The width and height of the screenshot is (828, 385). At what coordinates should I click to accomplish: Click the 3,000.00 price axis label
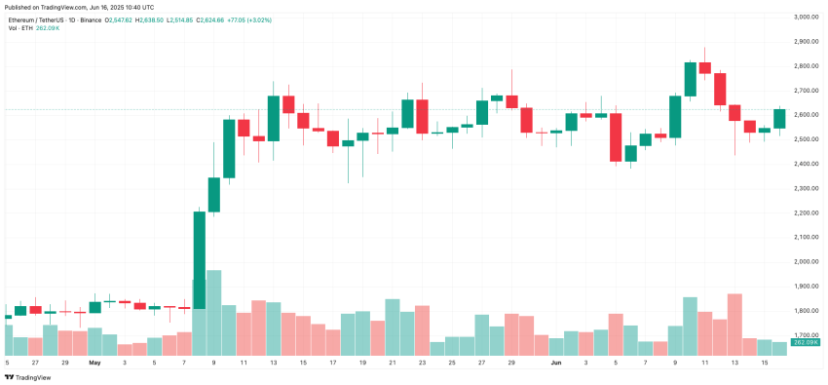[805, 17]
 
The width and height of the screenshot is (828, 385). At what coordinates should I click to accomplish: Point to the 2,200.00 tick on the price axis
[805, 212]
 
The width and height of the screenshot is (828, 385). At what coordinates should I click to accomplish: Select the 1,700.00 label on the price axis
[805, 335]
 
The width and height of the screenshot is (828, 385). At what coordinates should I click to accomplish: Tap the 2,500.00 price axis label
[805, 139]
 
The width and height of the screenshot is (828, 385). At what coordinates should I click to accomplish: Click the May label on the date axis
[94, 362]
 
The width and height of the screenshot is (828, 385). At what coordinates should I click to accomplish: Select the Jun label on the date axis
[557, 362]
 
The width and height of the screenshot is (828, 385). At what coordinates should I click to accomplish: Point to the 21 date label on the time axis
[393, 362]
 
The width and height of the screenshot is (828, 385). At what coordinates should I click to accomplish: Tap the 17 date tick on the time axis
[333, 362]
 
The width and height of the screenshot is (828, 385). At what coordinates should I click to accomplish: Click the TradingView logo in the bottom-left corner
[28, 377]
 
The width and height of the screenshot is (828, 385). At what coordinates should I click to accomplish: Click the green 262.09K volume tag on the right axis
[805, 342]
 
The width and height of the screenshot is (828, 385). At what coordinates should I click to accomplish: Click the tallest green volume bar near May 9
[213, 313]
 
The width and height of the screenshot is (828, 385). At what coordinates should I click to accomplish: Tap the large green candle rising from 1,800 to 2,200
[199, 259]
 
